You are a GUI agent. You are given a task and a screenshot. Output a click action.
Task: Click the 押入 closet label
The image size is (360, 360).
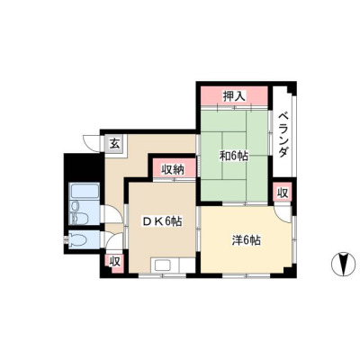coord(234,96)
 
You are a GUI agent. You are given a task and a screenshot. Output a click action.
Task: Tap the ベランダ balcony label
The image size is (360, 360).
coord(283,135)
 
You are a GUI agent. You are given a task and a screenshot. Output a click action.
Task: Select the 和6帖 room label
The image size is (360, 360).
coord(234,156)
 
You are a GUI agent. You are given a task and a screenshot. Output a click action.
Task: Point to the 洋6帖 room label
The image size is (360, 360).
coord(246,240)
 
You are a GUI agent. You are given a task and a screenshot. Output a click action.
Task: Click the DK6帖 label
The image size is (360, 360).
coord(162,221)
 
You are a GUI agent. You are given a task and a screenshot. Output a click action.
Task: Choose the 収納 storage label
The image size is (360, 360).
coord(174,170)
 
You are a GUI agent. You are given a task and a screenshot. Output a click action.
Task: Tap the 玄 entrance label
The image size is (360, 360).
coord(114,144)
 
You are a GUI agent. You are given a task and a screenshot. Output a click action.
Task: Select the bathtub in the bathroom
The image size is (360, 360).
coord(85,191)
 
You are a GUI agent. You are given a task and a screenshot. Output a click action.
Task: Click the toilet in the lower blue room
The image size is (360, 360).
coord(77,239)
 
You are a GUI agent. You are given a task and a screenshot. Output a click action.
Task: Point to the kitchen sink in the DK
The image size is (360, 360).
coord(163,265)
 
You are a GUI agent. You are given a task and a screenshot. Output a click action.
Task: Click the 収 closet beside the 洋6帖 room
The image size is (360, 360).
coord(282,193)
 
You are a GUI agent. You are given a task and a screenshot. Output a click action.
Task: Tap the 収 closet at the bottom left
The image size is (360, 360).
coord(114,261)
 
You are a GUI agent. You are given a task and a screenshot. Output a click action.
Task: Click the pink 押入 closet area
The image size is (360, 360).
coord(234,96)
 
